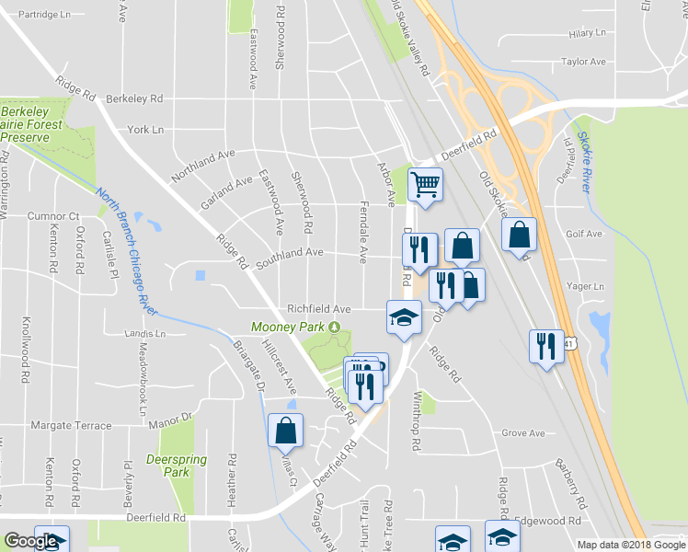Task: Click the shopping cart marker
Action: (x=425, y=184)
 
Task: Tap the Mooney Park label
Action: (x=289, y=327)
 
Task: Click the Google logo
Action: (x=31, y=542)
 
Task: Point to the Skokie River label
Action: (x=584, y=162)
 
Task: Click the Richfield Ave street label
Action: (x=319, y=309)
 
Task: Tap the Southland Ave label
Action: (x=290, y=253)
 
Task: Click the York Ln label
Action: (x=145, y=130)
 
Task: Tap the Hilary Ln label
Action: (x=588, y=33)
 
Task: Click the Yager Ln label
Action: (x=586, y=286)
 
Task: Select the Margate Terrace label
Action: (x=71, y=426)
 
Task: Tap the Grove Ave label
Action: (x=522, y=432)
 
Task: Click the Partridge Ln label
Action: (x=44, y=15)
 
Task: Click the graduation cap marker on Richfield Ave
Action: (x=402, y=317)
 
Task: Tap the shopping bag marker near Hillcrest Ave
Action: (x=285, y=429)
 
